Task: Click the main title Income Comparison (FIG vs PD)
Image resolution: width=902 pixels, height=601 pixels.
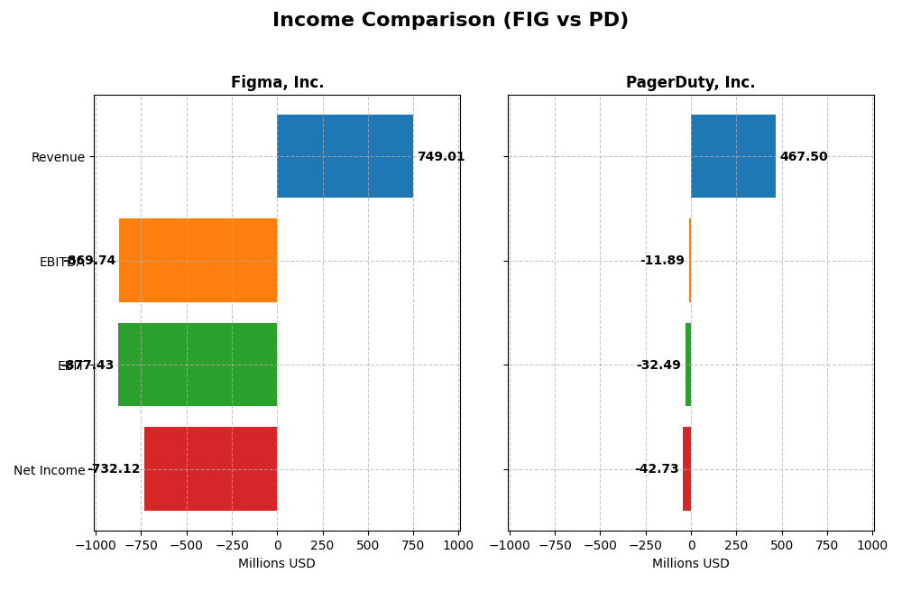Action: (450, 20)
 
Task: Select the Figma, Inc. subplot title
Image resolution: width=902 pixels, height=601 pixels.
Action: (277, 82)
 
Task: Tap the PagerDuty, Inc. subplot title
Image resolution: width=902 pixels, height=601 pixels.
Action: (690, 82)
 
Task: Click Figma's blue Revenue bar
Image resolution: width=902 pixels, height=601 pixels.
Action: (345, 156)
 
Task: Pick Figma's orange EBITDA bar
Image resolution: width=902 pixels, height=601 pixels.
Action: (198, 260)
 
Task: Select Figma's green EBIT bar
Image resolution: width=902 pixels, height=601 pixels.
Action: (198, 365)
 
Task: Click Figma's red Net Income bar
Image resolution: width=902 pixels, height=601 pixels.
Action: (210, 468)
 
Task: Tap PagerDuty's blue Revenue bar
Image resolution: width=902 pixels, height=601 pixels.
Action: (732, 156)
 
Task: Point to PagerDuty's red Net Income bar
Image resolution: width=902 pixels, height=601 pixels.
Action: (686, 468)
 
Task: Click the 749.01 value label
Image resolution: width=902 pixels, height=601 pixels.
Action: (441, 157)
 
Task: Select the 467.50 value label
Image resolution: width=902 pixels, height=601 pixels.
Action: (803, 157)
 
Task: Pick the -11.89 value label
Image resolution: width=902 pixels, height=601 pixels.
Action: (662, 261)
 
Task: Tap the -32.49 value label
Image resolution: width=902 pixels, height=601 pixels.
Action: (658, 365)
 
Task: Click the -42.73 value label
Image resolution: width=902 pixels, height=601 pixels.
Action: (657, 469)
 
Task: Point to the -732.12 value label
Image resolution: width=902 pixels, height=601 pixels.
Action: (115, 469)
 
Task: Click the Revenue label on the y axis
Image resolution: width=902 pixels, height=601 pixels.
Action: (58, 158)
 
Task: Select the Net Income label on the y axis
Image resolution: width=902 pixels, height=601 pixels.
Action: (49, 470)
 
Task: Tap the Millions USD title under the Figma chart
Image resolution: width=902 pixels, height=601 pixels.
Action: (277, 564)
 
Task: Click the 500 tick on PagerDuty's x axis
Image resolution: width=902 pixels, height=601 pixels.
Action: (781, 545)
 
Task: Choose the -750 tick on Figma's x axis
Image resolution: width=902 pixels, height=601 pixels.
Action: (140, 545)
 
